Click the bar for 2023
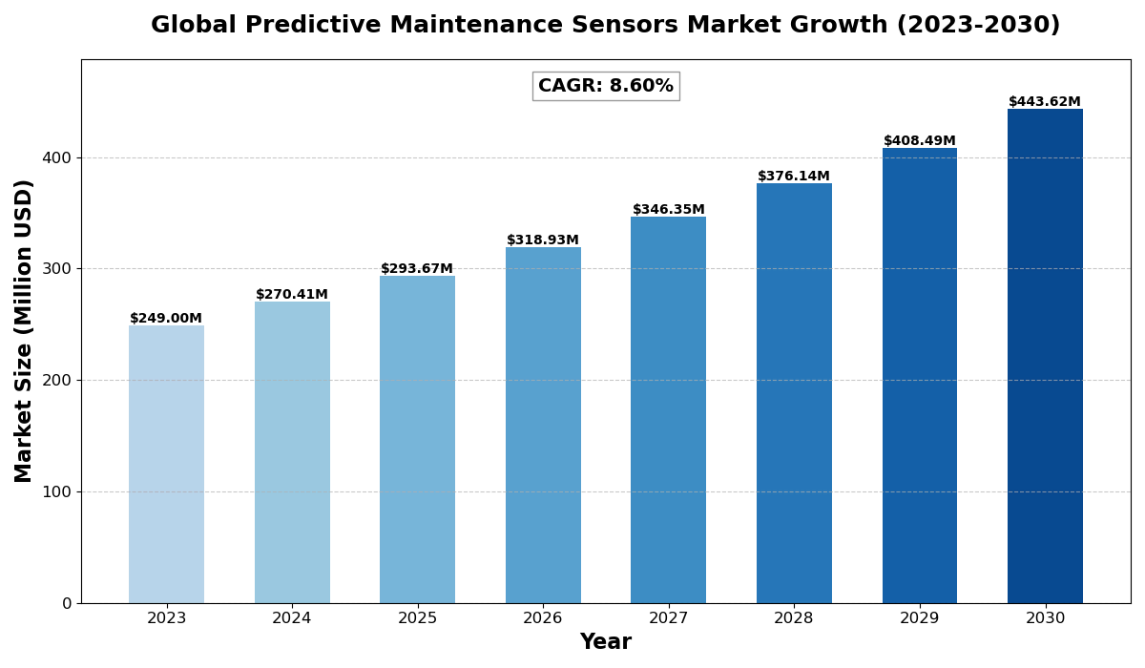point(166,464)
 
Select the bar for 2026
point(543,425)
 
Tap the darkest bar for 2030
point(1045,355)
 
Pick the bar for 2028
point(794,392)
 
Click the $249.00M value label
point(166,319)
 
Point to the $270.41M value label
point(292,295)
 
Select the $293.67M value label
point(417,269)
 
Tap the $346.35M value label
point(669,210)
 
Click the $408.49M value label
point(920,141)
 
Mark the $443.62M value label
point(1045,102)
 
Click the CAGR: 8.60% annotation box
point(606,86)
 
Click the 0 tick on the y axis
point(67,603)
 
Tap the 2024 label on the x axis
point(292,618)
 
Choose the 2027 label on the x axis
point(669,618)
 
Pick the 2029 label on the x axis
point(920,618)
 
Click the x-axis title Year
point(606,642)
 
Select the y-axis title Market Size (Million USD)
point(24,331)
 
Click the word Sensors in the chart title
point(622,26)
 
